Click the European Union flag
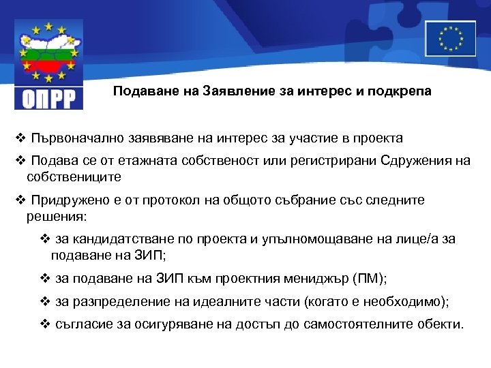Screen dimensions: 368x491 coord(450,38)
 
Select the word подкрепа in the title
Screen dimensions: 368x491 coord(402,91)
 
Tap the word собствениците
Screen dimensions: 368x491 coord(74,177)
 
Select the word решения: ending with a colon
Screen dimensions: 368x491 coord(57,216)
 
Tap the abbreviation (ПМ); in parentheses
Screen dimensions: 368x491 coord(370,279)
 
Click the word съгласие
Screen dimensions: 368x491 coord(80,324)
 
